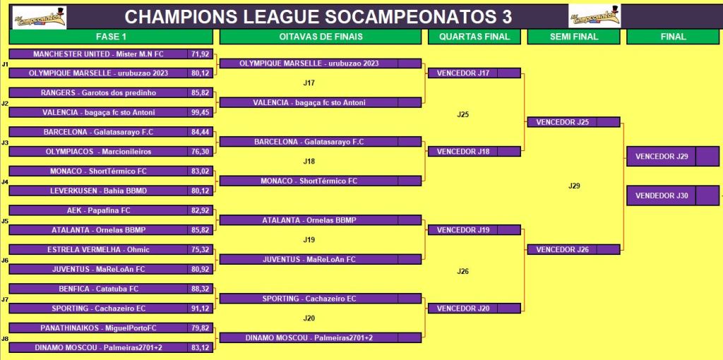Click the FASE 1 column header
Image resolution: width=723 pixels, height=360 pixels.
111,37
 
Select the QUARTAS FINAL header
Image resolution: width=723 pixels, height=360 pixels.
474,37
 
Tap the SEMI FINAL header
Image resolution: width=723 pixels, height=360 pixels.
573,37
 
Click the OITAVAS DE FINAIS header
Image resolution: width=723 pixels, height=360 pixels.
321,37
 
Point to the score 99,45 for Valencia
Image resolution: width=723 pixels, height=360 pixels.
200,112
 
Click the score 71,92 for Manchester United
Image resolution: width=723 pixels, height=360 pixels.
200,54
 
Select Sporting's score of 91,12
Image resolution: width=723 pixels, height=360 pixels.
200,308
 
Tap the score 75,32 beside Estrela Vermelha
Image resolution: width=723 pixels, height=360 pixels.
200,249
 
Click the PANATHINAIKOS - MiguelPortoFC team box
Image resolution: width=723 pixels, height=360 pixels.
98,328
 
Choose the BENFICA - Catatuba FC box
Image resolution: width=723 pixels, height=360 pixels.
98,289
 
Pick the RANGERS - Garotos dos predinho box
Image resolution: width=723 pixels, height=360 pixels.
98,92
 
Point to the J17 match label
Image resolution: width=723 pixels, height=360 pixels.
309,83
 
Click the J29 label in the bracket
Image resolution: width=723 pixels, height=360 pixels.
574,186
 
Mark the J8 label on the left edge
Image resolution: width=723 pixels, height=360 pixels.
5,339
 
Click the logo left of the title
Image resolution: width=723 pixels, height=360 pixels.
40,18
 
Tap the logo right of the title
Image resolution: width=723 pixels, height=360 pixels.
594,16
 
